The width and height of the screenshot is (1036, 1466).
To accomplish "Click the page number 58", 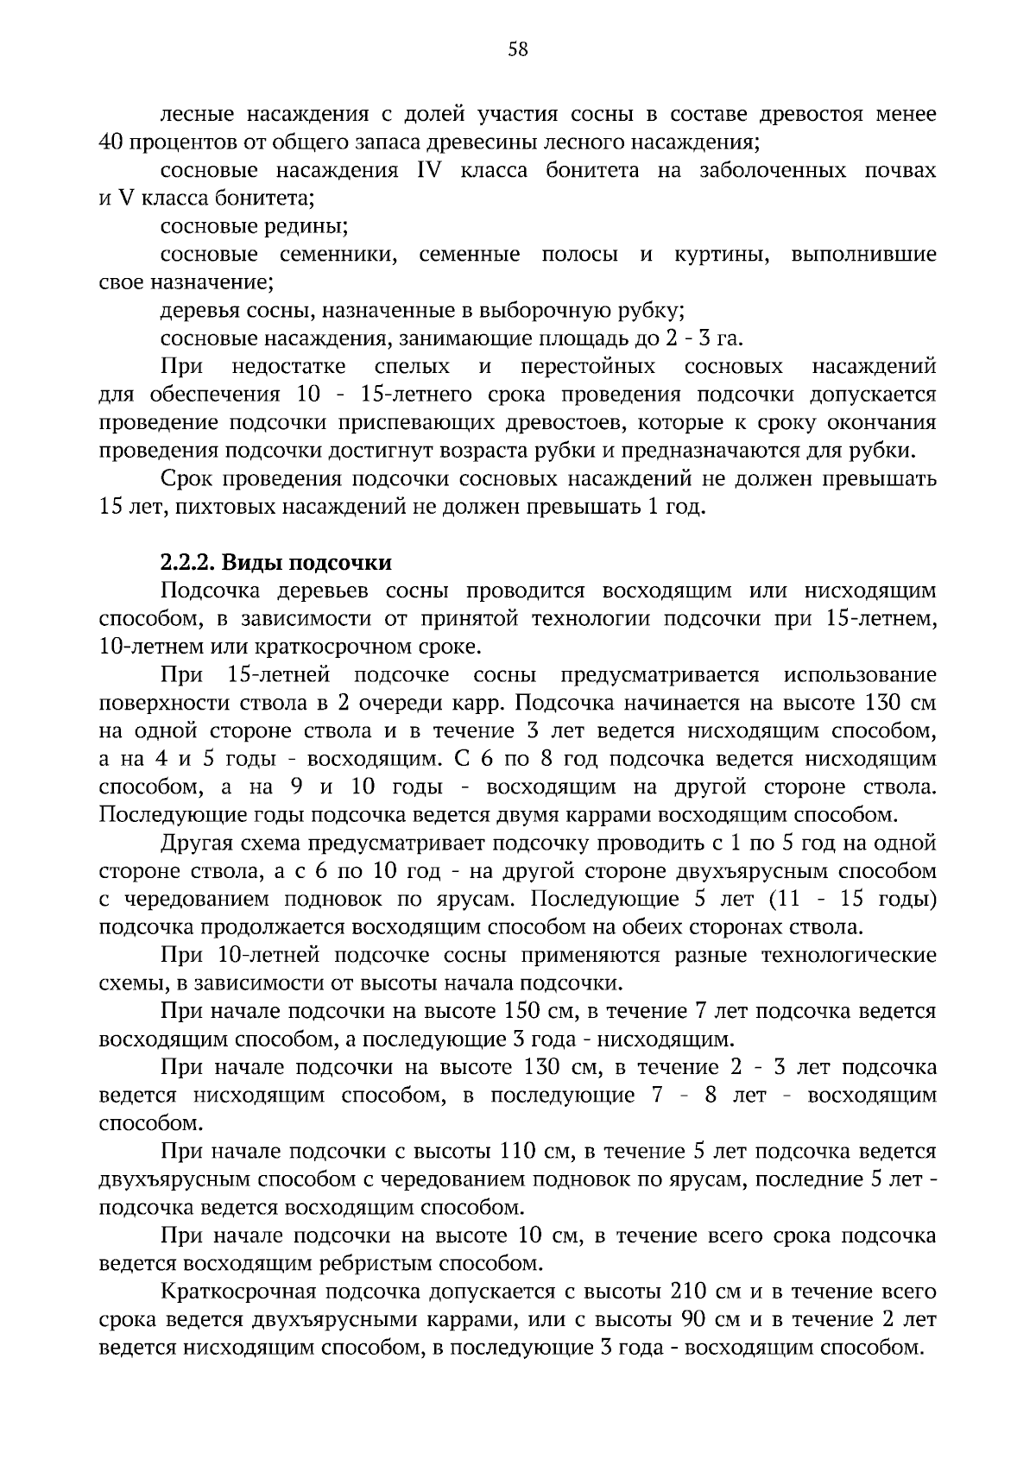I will click(518, 49).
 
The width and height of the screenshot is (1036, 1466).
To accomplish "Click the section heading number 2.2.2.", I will click(187, 563).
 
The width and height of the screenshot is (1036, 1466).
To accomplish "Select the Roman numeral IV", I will click(429, 170).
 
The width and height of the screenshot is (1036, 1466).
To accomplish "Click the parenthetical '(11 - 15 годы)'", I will click(851, 899).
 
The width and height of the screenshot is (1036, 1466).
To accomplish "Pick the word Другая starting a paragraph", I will click(198, 843).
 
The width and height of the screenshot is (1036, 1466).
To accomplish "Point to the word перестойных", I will click(588, 367).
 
